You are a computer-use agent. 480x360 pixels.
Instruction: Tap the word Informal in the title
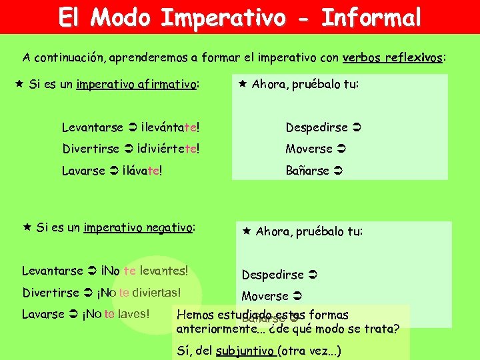[371, 17]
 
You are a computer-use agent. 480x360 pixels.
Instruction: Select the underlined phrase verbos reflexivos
[393, 58]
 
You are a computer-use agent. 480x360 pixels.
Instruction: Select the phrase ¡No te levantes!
[144, 271]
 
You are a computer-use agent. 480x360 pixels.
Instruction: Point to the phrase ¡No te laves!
[117, 314]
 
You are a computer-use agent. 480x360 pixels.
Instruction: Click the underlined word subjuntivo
[245, 351]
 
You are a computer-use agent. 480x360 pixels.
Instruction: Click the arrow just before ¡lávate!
[115, 171]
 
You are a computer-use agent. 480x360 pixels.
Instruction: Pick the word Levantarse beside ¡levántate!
[92, 127]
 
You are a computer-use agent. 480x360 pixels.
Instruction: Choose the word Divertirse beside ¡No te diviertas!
[53, 293]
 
